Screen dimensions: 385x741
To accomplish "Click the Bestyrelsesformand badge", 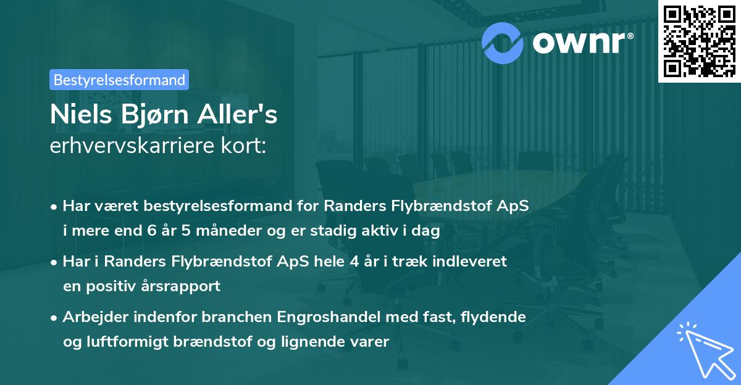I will coord(119,80).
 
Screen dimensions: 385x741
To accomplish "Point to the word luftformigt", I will coord(140,342).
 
